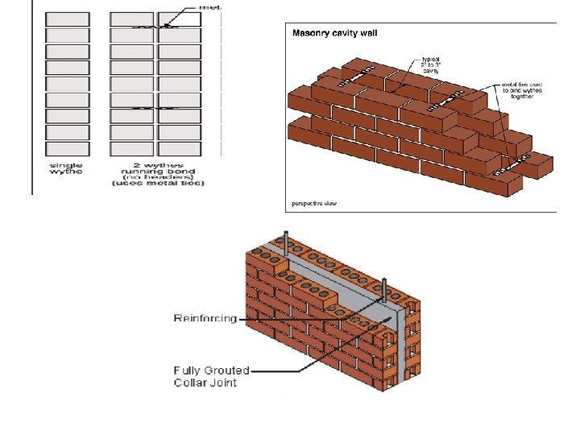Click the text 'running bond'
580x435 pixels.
pos(158,171)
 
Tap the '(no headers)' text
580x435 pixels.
pos(158,177)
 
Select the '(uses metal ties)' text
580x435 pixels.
pos(158,184)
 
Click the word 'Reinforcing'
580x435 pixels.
pos(205,318)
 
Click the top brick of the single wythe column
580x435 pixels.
pos(65,19)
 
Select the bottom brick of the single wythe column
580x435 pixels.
pos(65,149)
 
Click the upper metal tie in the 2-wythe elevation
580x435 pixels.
pos(158,27)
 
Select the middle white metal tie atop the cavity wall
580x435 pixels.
pos(445,101)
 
